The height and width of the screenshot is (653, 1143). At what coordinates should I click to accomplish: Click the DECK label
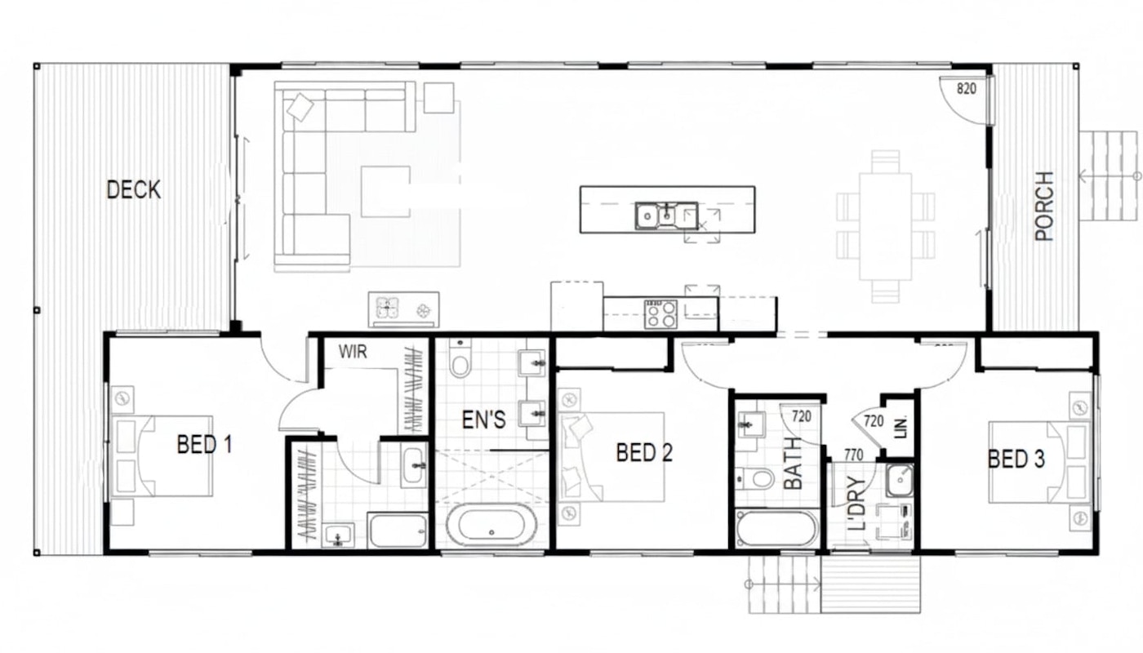click(x=134, y=189)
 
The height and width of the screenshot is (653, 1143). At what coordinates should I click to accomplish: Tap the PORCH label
click(x=1044, y=206)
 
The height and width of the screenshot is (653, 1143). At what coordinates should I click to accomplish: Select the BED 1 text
click(x=205, y=444)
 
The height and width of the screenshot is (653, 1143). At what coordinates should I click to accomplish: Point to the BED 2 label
click(x=644, y=453)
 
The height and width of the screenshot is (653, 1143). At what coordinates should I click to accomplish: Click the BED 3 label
click(x=1016, y=459)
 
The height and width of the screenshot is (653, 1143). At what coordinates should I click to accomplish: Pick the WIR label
click(x=353, y=352)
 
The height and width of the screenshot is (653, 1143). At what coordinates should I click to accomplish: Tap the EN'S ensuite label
click(x=483, y=420)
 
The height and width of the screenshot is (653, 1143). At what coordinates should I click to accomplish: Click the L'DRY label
click(x=856, y=504)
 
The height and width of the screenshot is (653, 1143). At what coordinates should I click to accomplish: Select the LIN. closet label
click(x=901, y=427)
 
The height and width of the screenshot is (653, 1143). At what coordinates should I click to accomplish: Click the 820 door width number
click(x=967, y=89)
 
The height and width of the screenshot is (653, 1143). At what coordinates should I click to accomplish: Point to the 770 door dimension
click(x=854, y=455)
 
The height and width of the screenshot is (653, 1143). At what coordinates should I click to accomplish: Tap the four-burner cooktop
click(x=660, y=314)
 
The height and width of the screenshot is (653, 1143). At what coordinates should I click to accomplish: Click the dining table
click(x=885, y=227)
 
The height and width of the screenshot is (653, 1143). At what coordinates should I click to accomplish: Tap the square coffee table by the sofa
click(x=385, y=191)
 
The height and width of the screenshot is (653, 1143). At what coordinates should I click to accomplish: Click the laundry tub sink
click(x=900, y=481)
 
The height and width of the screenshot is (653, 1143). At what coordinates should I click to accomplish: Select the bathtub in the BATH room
click(x=776, y=529)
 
